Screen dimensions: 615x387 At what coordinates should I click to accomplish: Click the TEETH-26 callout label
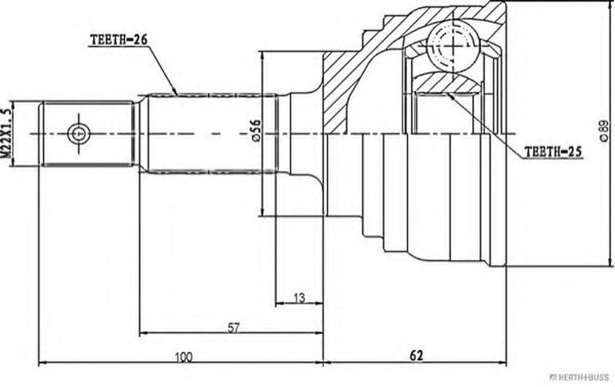point(113,39)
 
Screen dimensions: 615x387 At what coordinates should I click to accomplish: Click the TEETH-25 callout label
point(553,152)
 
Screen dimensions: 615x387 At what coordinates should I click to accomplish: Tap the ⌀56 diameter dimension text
point(255,130)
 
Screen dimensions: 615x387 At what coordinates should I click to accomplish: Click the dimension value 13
point(299,298)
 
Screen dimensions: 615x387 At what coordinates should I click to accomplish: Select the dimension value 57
point(233,327)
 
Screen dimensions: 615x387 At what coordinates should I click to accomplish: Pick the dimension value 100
point(183,357)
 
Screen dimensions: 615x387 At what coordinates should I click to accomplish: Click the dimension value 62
point(416,355)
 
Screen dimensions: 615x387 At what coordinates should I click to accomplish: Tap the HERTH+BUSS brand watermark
point(579,378)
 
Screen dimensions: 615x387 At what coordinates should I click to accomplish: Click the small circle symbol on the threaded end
point(79,134)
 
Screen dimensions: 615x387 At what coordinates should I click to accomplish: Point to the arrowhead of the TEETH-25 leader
point(451,95)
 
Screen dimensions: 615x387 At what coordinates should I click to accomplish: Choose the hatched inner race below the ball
point(448,83)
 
